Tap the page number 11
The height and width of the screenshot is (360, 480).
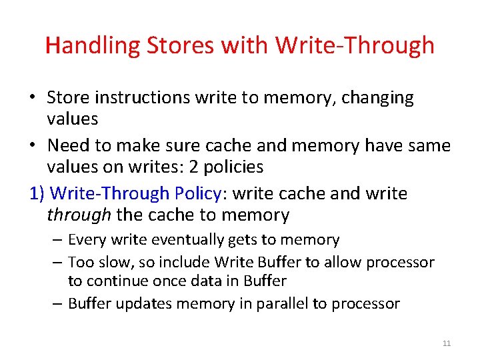[447, 343]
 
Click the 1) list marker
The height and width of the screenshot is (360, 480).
[38, 194]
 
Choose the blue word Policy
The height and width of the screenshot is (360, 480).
[198, 194]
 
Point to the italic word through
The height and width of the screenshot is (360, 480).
[79, 215]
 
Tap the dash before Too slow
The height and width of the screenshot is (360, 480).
[57, 263]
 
